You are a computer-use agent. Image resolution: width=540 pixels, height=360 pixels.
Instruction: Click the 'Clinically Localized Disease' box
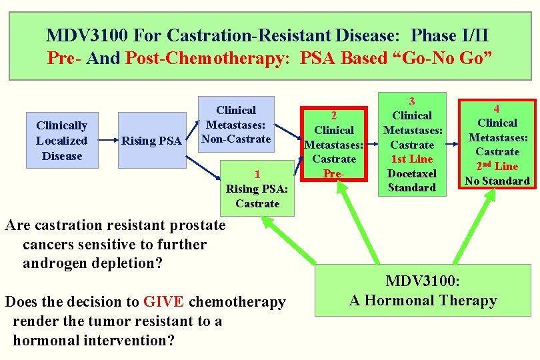62,141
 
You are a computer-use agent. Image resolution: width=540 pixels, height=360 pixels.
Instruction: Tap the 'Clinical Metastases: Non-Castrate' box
236,125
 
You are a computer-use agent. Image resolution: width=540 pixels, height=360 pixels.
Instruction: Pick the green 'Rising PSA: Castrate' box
257,189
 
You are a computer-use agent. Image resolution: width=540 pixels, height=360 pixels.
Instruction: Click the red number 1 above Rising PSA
257,174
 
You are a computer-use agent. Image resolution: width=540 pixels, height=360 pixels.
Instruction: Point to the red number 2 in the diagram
333,115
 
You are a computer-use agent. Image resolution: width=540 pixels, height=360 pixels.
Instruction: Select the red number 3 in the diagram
411,101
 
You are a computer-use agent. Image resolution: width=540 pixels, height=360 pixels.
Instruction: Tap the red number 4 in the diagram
497,108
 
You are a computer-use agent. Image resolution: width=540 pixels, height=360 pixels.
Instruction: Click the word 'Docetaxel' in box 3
411,173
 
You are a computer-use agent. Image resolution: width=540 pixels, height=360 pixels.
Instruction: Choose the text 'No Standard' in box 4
497,181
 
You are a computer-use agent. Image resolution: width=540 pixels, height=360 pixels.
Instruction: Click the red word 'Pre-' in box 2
333,173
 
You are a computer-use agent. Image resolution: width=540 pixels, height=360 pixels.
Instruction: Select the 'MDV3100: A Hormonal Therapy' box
423,290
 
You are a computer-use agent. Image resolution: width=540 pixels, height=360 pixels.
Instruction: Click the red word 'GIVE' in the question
164,302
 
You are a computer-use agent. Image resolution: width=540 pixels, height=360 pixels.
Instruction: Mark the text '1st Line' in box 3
411,159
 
